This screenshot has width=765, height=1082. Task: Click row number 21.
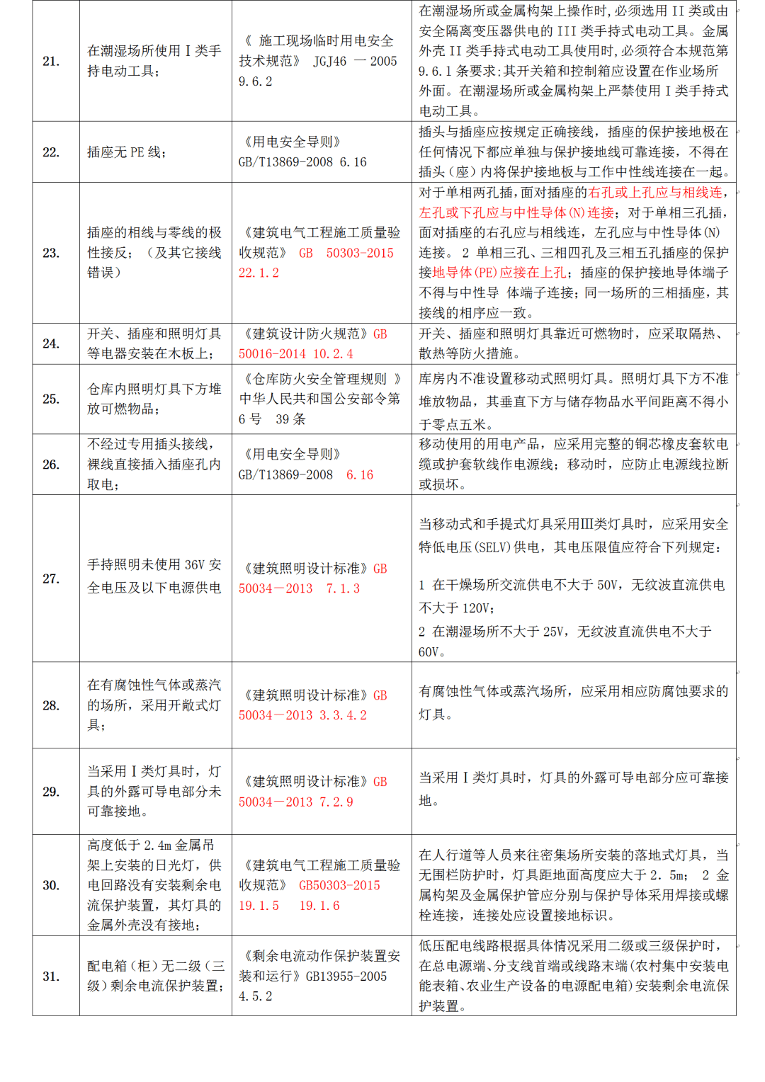[x=51, y=61]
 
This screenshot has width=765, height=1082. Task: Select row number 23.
[x=51, y=253]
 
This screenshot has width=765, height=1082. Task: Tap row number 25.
[x=51, y=399]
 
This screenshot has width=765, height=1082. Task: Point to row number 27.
[x=51, y=579]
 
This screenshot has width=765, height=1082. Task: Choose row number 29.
[x=51, y=792]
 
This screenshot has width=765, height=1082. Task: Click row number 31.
[x=51, y=976]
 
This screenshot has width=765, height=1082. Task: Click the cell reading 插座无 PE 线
[x=126, y=152]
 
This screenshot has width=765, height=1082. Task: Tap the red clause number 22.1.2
[x=259, y=273]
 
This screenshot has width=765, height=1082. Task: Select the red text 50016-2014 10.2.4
[x=295, y=354]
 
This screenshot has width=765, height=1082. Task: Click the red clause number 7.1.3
[x=343, y=589]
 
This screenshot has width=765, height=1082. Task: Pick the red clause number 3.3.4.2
[x=343, y=716]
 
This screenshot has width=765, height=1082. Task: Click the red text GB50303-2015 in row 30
[x=339, y=886]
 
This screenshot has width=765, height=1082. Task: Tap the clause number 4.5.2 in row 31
[x=255, y=997]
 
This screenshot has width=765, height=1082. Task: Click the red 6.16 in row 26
[x=359, y=475]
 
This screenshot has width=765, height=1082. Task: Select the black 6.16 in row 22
[x=353, y=162]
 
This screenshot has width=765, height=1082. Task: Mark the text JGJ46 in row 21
[x=330, y=62]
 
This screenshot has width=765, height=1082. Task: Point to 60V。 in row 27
[x=432, y=652]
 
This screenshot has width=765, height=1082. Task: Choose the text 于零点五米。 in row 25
[x=456, y=425]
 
